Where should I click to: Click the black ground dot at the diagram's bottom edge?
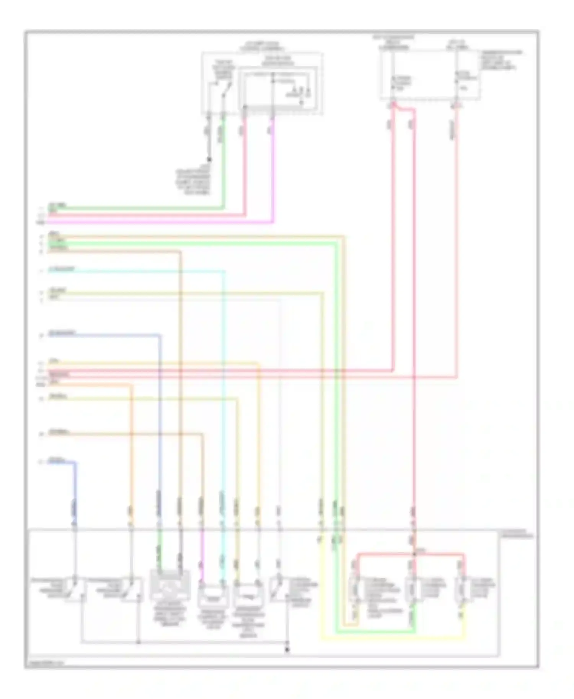[287, 650]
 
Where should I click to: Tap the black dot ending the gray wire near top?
[209, 159]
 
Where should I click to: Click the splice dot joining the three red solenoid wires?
[414, 553]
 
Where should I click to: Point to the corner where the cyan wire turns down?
[224, 271]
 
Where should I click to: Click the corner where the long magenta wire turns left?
[272, 221]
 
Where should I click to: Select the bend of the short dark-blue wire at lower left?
[75, 463]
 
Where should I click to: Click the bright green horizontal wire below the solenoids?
[375, 632]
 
